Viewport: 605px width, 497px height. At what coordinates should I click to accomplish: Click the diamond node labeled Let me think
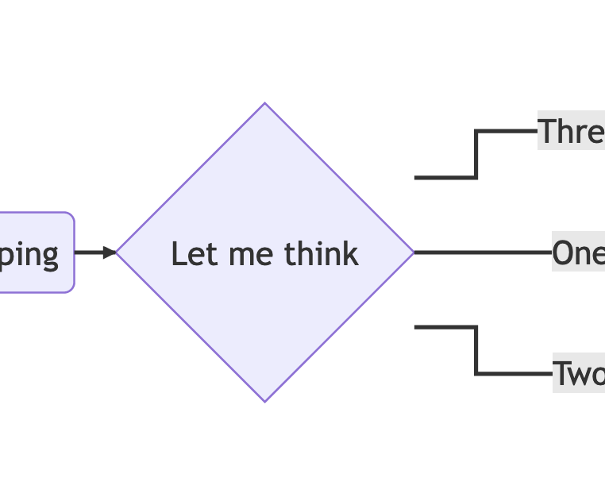click(x=264, y=318)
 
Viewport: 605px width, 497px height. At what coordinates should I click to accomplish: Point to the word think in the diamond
click(x=322, y=254)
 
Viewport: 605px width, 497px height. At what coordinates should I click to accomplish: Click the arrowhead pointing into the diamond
click(x=110, y=252)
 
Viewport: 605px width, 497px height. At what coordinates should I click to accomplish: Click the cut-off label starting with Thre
click(x=572, y=131)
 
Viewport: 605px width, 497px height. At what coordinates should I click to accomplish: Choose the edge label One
click(x=578, y=253)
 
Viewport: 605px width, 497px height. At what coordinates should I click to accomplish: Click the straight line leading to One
click(x=483, y=252)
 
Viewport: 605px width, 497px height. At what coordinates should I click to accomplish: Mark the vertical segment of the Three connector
click(x=476, y=155)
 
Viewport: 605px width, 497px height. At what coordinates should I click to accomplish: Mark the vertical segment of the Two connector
click(x=476, y=350)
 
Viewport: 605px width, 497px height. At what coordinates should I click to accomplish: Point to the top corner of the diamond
click(x=264, y=105)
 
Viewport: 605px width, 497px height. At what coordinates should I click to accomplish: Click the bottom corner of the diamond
click(x=264, y=400)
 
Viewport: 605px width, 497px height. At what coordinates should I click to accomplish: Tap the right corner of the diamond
click(x=412, y=252)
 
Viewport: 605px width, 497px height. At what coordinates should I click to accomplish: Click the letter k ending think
click(x=352, y=254)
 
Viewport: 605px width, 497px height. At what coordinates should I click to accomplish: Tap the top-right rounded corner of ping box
click(x=70, y=217)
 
